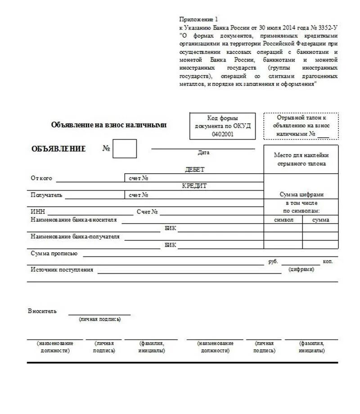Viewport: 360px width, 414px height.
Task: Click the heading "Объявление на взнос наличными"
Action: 109,125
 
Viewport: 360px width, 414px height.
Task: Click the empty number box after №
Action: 124,149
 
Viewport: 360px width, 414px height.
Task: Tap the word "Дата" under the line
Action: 203,153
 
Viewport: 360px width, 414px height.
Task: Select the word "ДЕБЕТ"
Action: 194,170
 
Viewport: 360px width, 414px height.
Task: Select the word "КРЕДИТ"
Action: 194,186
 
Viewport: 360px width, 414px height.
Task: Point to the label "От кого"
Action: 41,178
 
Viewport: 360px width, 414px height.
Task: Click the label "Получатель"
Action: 47,195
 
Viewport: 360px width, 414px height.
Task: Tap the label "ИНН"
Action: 38,211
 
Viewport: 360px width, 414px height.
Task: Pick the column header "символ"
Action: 283,220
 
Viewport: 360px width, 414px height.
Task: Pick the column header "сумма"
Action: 320,220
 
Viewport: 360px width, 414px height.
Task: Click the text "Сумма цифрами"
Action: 301,195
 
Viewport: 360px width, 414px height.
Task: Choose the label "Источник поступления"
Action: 62,270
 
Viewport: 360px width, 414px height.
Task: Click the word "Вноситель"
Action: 42,311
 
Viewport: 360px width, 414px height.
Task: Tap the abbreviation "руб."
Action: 273,261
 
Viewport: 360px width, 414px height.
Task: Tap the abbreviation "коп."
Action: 328,261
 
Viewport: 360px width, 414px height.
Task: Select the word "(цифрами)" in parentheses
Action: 301,269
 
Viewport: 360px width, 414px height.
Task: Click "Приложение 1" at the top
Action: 198,19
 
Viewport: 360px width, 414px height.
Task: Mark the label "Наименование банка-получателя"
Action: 75,236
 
